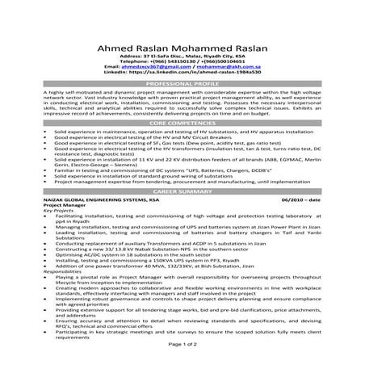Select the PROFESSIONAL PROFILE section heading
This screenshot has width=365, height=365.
pyautogui.click(x=182, y=84)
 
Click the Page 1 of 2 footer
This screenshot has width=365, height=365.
pyautogui.click(x=182, y=343)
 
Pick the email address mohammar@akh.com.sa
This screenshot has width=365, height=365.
pyautogui.click(x=224, y=65)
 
